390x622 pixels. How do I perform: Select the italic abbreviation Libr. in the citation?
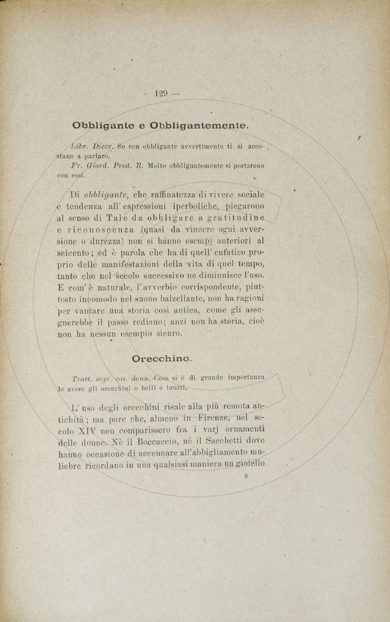[79, 145]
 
